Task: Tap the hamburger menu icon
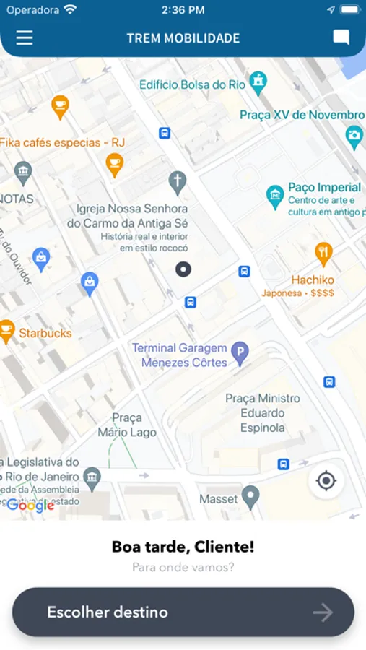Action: (25, 38)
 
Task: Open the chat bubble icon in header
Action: (341, 38)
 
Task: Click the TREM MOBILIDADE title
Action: (183, 38)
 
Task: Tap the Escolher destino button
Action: (183, 612)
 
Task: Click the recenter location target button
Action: (326, 481)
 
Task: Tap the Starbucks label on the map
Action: (45, 333)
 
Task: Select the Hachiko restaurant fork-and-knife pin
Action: (323, 253)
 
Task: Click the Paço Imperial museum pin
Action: (274, 195)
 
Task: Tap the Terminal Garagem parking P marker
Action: (240, 353)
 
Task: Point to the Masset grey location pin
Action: (250, 496)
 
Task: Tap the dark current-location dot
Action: (183, 269)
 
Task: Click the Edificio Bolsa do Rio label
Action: (192, 84)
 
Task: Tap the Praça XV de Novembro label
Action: (302, 115)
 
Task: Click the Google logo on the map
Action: (30, 506)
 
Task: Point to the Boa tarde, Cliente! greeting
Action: (183, 547)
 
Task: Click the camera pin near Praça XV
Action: (354, 135)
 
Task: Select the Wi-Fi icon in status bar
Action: (70, 10)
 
